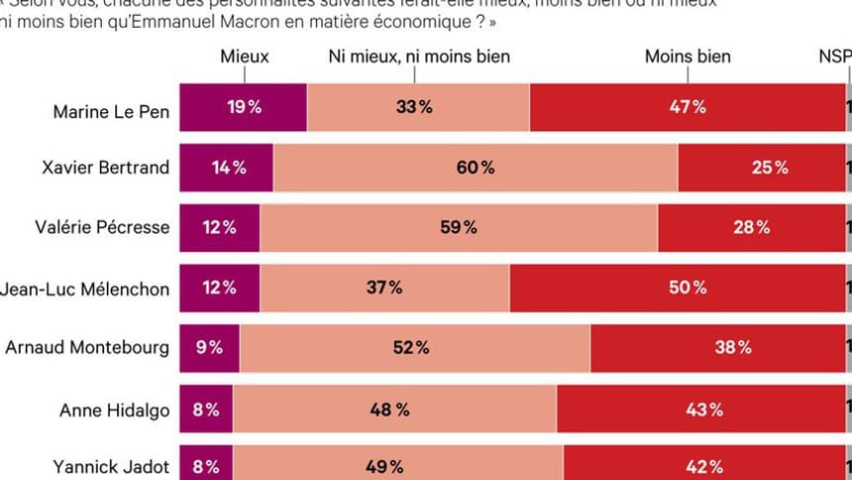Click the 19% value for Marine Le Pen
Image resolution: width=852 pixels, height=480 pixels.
click(243, 107)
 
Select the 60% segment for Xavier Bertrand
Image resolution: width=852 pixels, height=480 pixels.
click(476, 168)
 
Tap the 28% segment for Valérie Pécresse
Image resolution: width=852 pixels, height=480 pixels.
click(751, 227)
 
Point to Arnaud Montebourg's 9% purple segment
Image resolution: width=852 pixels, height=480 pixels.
click(209, 348)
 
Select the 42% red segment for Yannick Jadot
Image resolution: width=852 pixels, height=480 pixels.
click(704, 466)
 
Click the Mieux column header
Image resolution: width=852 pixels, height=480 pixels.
click(244, 57)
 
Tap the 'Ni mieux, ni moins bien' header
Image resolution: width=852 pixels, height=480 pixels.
click(419, 57)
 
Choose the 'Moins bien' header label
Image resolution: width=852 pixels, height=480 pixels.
click(688, 57)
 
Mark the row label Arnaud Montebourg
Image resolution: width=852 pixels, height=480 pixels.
click(87, 348)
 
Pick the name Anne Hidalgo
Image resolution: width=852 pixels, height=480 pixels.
click(115, 409)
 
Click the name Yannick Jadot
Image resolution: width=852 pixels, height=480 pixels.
click(113, 467)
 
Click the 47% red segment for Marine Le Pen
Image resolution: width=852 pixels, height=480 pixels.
click(687, 107)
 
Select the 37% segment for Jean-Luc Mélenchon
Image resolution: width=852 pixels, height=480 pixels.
click(384, 288)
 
